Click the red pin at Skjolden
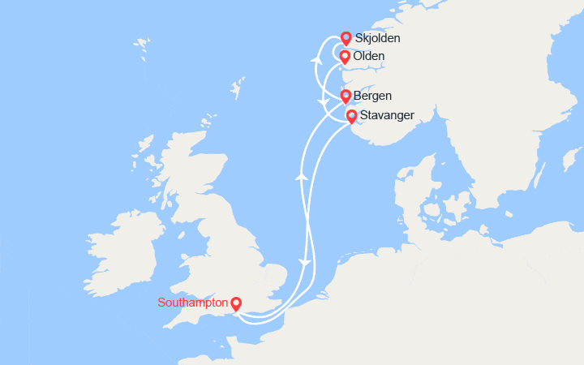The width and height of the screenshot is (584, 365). click(x=346, y=38)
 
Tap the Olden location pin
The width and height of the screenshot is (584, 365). click(x=345, y=57)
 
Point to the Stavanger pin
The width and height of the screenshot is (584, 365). click(x=351, y=117)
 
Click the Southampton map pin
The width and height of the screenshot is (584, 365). click(x=236, y=304)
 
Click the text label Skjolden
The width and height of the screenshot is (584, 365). click(x=378, y=38)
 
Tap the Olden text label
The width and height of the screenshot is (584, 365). click(x=369, y=56)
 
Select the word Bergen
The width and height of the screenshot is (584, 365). click(x=373, y=96)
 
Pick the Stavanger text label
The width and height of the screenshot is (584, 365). click(x=387, y=116)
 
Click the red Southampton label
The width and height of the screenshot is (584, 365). click(x=193, y=303)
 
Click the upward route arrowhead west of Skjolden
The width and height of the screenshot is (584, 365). click(x=316, y=58)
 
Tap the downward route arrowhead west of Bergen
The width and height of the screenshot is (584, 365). click(x=325, y=102)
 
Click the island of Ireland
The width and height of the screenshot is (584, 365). click(x=122, y=247)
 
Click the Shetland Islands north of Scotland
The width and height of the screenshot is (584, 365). click(x=238, y=86)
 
